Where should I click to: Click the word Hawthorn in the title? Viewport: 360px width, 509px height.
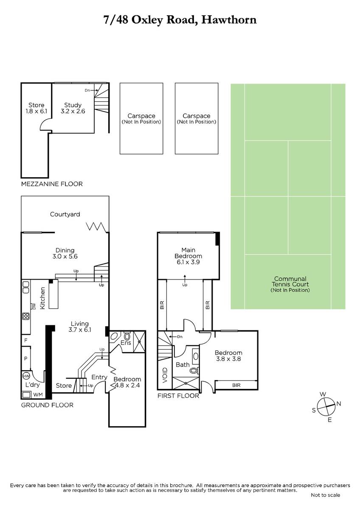(229, 20)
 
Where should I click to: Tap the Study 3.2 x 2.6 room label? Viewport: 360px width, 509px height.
(73, 108)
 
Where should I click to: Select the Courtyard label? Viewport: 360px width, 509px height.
(65, 214)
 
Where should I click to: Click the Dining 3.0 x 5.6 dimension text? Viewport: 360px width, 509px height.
(65, 256)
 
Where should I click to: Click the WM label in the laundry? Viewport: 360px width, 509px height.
(38, 395)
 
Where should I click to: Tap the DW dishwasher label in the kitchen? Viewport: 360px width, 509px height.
(34, 306)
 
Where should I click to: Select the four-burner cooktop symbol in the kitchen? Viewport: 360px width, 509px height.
(26, 316)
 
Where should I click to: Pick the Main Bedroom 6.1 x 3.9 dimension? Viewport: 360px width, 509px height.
(188, 262)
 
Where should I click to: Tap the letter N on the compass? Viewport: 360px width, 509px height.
(339, 403)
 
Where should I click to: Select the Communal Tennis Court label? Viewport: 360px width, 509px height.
(290, 284)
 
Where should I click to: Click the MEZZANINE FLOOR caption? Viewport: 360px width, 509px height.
(52, 184)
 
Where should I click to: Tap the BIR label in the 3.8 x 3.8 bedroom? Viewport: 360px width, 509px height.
(236, 385)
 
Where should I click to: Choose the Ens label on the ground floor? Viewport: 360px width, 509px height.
(126, 342)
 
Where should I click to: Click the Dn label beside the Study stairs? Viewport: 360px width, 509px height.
(87, 90)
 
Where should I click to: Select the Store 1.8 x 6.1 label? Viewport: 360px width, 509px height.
(37, 108)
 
